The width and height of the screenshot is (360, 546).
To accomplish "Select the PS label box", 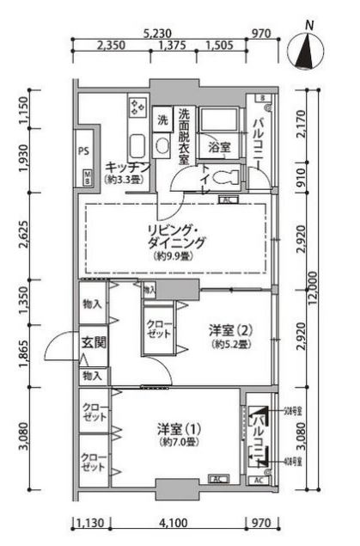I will coord(84,151).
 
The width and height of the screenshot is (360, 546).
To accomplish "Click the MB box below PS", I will coord(88,178).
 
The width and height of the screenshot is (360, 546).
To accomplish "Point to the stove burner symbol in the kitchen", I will coord(137,107).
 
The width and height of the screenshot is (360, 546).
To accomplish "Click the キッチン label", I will coord(127,167).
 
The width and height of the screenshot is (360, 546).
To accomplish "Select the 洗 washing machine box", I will coord(162,120).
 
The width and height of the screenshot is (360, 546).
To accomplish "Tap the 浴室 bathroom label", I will coord(219,147).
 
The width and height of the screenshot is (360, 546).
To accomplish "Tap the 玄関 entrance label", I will coord(93,342).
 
